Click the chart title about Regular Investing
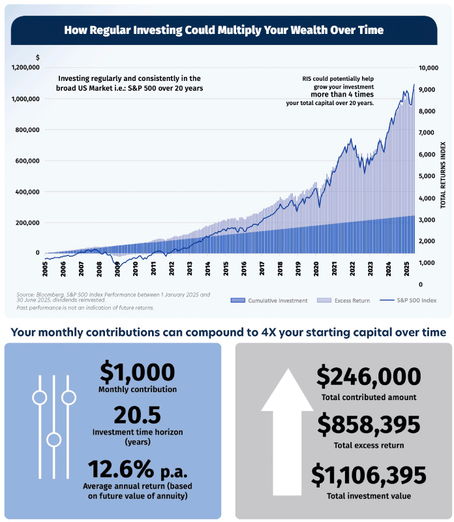(224, 30)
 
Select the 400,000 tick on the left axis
(27, 192)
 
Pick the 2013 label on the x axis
(189, 268)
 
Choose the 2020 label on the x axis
(316, 268)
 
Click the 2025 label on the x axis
(406, 268)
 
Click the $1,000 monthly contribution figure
(137, 372)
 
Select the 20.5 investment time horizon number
(137, 415)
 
